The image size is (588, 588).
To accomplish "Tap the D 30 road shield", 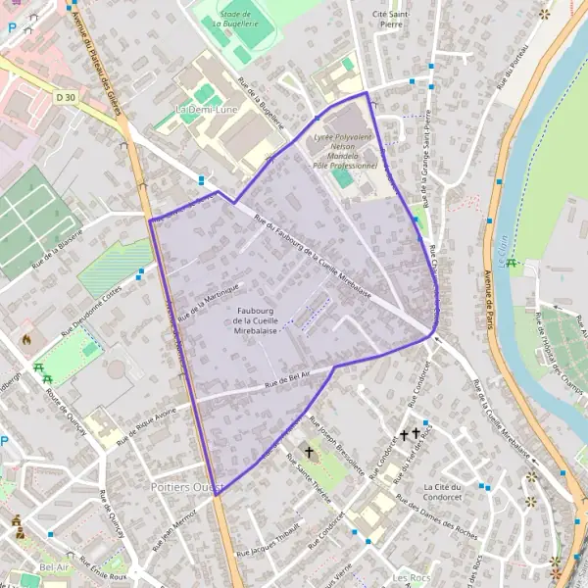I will pyautogui.click(x=66, y=97).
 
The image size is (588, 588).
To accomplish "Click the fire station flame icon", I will pyautogui.click(x=26, y=340).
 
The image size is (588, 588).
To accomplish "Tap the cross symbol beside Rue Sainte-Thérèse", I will pyautogui.click(x=310, y=452).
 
